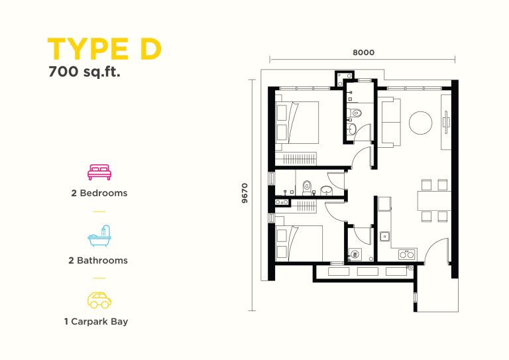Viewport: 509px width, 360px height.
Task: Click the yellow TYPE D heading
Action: [104, 49]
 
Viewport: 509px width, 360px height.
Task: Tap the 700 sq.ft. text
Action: [84, 72]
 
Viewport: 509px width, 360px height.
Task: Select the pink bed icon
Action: [99, 172]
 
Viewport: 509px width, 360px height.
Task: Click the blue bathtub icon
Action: [99, 235]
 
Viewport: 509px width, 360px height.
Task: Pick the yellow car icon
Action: [99, 300]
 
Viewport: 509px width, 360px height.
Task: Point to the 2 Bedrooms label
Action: [99, 193]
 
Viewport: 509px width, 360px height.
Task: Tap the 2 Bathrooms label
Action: [98, 261]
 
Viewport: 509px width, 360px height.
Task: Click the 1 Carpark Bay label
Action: [96, 322]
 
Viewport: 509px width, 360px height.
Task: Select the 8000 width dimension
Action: [364, 52]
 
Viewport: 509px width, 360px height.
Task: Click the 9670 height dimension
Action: [245, 193]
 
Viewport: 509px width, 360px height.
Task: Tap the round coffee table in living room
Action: [420, 123]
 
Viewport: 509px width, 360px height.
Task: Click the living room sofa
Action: [391, 123]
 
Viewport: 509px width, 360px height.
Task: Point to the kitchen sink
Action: [385, 236]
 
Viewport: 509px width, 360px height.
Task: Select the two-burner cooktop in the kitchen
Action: [407, 254]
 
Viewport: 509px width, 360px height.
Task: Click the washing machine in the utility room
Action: [355, 255]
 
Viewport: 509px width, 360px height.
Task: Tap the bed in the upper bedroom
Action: [297, 123]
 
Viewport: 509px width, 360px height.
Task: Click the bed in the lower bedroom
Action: [299, 243]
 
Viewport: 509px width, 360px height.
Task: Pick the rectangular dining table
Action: [433, 201]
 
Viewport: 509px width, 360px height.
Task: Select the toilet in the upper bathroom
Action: [355, 113]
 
